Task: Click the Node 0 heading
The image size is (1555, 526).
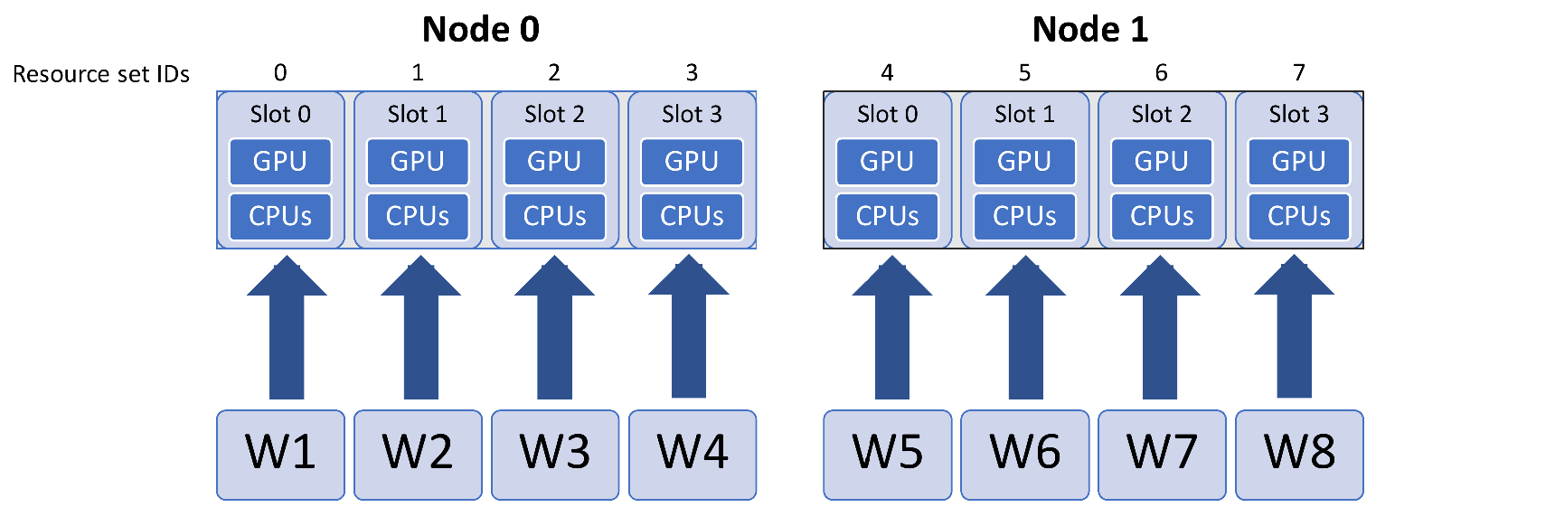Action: pyautogui.click(x=480, y=30)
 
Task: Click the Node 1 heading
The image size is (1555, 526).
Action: pyautogui.click(x=1089, y=30)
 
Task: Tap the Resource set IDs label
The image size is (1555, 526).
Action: pyautogui.click(x=100, y=74)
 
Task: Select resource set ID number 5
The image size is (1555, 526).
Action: pyautogui.click(x=1024, y=72)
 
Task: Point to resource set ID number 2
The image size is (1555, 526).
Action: pyautogui.click(x=554, y=72)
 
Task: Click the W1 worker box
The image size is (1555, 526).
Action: pyautogui.click(x=280, y=454)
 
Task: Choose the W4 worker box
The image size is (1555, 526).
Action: pyautogui.click(x=693, y=454)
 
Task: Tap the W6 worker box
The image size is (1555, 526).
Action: pyautogui.click(x=1024, y=454)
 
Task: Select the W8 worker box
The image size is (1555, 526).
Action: pyautogui.click(x=1299, y=454)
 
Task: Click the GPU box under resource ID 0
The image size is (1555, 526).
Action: pyautogui.click(x=280, y=162)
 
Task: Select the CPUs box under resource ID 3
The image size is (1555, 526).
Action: pyautogui.click(x=692, y=217)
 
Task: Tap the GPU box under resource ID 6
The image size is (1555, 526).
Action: pyautogui.click(x=1162, y=162)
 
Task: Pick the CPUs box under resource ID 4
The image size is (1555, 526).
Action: pyautogui.click(x=887, y=217)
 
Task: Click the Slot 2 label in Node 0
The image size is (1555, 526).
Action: pyautogui.click(x=554, y=115)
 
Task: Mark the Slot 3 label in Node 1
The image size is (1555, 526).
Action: pyautogui.click(x=1298, y=115)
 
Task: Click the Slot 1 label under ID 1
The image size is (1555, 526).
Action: pyautogui.click(x=417, y=115)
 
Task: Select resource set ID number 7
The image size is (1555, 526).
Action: pyautogui.click(x=1299, y=72)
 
